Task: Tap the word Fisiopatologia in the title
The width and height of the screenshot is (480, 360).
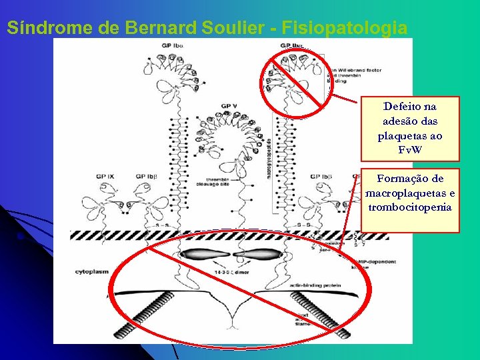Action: (x=344, y=29)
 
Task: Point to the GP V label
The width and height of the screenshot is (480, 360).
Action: (x=229, y=106)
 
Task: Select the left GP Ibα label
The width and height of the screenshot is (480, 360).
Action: (x=172, y=45)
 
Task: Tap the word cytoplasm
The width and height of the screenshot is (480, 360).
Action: (x=92, y=272)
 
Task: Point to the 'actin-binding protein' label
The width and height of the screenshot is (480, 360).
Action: (x=316, y=285)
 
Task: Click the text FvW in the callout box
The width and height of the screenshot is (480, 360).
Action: (x=410, y=149)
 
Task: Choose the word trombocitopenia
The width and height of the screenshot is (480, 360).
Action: (x=410, y=207)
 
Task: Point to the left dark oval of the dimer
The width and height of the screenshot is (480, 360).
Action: (x=204, y=254)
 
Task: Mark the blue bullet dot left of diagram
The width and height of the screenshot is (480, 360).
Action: (x=21, y=237)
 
